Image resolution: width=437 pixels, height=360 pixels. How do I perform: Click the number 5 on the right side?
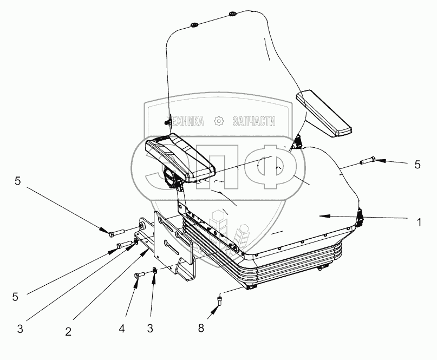click(416, 165)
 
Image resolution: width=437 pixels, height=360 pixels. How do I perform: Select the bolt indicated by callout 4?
click(138, 276)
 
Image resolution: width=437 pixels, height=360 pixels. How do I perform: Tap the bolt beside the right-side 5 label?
click(366, 160)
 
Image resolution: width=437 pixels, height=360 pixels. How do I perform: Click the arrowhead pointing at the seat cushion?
click(323, 216)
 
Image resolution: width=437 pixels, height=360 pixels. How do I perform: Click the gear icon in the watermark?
click(219, 121)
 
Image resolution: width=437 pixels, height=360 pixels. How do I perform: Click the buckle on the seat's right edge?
click(361, 217)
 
